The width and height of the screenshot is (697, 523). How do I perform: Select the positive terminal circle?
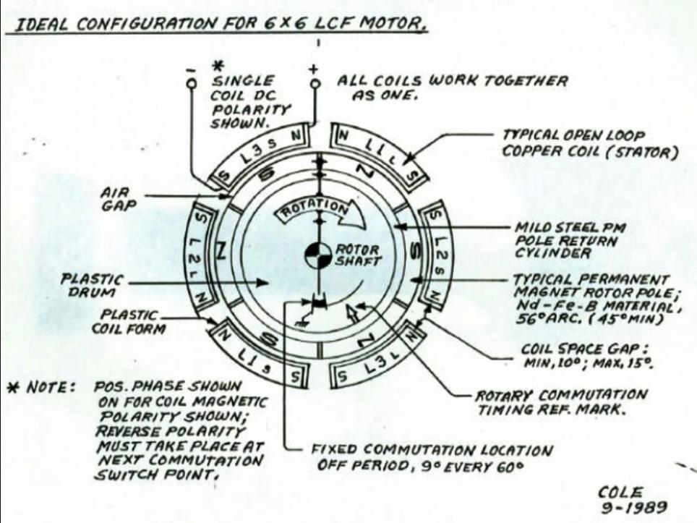pos(315,83)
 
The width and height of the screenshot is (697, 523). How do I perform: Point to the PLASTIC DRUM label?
pos(92,286)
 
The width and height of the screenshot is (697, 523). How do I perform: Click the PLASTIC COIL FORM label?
pos(128,322)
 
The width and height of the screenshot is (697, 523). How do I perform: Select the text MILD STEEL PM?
pos(570,228)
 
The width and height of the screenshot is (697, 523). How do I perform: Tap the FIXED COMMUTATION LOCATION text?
pos(431,450)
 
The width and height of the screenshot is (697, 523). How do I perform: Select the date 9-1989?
pos(634,507)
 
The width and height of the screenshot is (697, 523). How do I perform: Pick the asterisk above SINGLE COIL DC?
pos(217,67)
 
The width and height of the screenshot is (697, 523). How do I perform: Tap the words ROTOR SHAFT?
pos(359,255)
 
